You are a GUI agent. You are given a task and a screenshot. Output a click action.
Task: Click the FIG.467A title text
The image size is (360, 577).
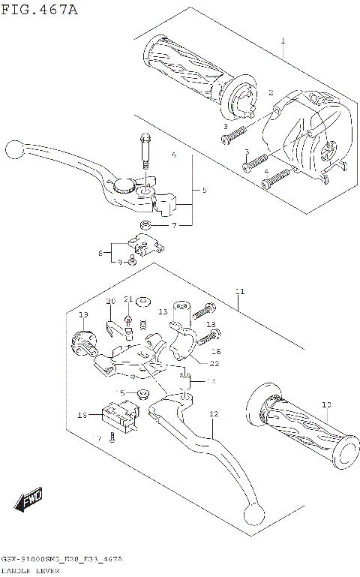click(x=39, y=10)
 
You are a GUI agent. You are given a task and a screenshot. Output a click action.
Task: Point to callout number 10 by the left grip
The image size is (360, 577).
click(x=325, y=405)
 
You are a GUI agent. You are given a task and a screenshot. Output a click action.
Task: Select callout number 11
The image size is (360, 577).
click(x=239, y=290)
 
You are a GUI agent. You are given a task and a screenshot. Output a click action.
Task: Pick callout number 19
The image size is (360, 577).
click(x=83, y=314)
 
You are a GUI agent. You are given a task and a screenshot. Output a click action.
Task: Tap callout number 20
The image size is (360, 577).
click(x=110, y=301)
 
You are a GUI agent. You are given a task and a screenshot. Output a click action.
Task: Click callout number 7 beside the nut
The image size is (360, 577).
click(x=173, y=225)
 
